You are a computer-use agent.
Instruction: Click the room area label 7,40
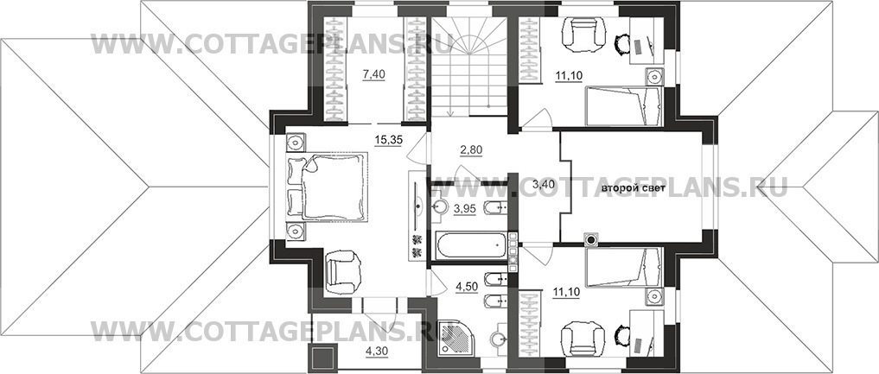tap(374, 74)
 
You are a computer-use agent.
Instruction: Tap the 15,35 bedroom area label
tap(387, 140)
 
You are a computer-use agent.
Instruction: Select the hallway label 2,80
tap(471, 149)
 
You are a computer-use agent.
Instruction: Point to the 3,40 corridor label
tap(530, 185)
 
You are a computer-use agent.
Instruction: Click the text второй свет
tap(634, 188)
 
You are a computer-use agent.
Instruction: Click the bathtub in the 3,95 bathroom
tap(470, 245)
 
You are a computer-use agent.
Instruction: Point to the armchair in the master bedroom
tap(342, 271)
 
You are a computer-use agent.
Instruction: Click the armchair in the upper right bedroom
tap(583, 35)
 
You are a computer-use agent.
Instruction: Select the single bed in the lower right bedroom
tap(623, 267)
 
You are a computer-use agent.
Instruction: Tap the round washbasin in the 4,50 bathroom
tap(498, 339)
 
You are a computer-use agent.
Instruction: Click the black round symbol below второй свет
tap(591, 239)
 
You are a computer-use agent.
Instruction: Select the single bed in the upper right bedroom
tap(624, 106)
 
